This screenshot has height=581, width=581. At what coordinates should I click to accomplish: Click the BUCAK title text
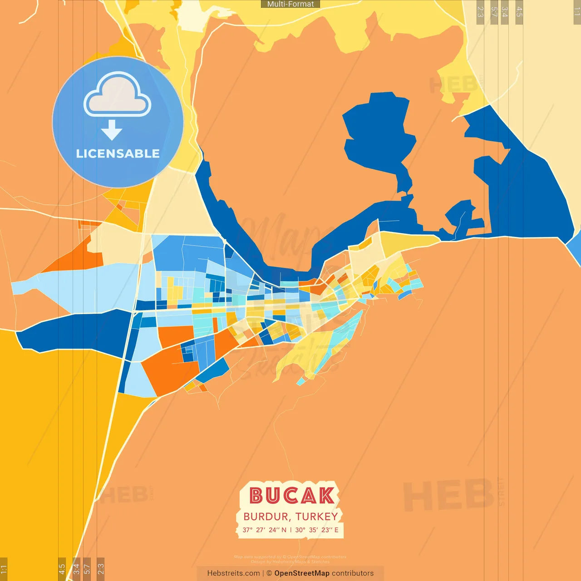291,496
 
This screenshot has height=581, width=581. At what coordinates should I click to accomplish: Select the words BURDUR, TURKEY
290,517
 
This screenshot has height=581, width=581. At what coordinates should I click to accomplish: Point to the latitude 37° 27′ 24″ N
264,530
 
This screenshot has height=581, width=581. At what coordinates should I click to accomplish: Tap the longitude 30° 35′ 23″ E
317,530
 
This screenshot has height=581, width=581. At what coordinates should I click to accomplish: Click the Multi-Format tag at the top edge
290,4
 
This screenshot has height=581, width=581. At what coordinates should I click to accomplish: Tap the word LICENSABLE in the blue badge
118,153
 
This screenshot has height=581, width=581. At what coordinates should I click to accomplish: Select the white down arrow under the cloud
112,130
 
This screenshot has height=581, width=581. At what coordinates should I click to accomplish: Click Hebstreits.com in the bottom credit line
233,573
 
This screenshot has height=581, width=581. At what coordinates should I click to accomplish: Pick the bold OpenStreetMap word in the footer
302,573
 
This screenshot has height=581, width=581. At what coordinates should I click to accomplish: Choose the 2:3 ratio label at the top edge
480,12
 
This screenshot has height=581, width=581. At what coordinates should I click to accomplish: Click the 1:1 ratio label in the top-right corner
577,11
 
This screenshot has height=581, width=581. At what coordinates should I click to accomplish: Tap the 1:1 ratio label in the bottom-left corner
4,569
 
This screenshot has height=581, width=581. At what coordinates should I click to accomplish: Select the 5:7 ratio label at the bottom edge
87,568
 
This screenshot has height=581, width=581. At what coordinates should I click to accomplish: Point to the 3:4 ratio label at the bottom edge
76,568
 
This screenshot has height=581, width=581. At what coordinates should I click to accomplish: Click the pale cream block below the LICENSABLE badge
175,204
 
